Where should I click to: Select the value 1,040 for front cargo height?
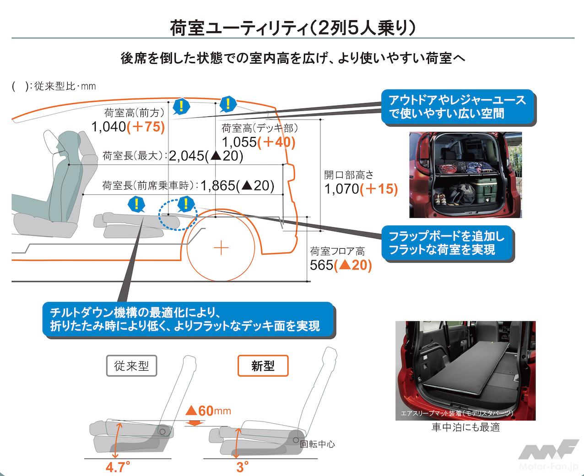coord(108,127)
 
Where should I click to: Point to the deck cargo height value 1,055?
coord(238,142)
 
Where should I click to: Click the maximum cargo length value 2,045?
coord(186,156)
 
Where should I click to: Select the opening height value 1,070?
coord(341,189)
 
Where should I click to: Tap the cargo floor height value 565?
coord(321,265)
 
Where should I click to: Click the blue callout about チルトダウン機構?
coord(188,320)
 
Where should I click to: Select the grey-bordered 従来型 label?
coord(131,366)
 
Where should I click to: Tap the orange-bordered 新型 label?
coord(263,366)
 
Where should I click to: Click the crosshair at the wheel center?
coord(222,248)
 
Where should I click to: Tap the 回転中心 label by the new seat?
coord(317,444)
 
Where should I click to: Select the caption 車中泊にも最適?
coord(465,427)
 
